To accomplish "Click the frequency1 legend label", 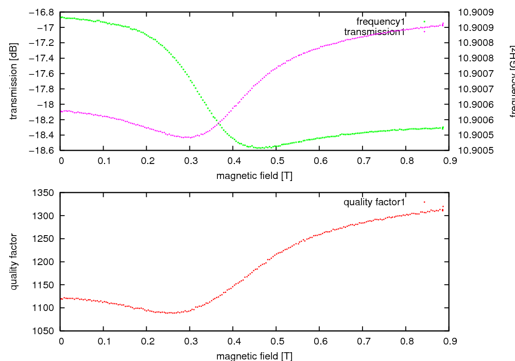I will point(381,21).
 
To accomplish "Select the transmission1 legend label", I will point(375,31).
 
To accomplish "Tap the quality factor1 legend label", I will point(374,202).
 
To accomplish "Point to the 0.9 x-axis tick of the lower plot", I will point(449,341).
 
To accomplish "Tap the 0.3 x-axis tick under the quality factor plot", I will point(190,341).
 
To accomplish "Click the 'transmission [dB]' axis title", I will point(14,80).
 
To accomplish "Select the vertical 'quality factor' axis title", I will point(14,261).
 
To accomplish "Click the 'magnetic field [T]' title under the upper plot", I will point(254,176).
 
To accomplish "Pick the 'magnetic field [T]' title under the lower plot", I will point(254,356).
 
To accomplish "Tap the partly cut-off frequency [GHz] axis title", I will point(512,81).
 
